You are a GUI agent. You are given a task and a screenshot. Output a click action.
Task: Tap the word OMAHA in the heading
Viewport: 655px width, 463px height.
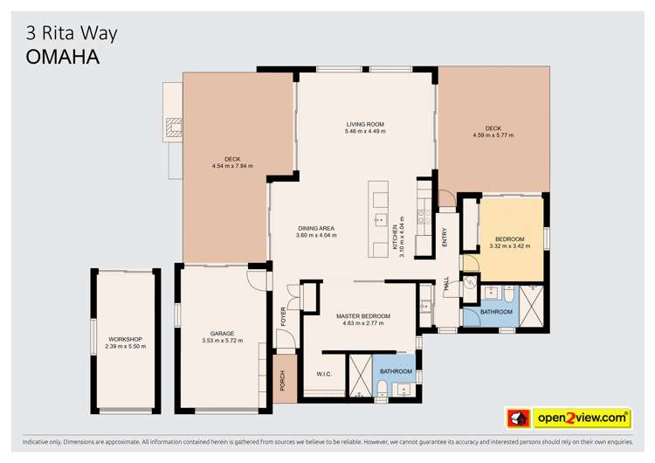[60, 57]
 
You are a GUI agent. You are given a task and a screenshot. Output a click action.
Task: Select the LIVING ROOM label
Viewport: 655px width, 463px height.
[364, 125]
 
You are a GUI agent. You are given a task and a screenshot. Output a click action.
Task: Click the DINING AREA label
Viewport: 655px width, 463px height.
[315, 229]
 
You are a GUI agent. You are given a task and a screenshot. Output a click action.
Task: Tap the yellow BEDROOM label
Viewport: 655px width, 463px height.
[510, 239]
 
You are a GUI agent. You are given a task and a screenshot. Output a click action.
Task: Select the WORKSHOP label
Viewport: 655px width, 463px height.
[125, 339]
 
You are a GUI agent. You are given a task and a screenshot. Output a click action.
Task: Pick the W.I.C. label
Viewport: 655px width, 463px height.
[324, 376]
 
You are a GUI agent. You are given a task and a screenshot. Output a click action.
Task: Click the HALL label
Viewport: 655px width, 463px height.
[446, 285]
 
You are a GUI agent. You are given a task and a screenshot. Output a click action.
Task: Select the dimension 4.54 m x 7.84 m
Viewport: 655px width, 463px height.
[232, 166]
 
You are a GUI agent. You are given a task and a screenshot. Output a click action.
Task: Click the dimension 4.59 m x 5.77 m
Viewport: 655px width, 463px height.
[493, 135]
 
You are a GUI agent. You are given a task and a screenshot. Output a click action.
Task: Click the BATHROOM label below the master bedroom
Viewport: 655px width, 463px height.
[396, 371]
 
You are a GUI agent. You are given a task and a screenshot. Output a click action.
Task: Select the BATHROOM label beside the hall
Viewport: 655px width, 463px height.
[496, 312]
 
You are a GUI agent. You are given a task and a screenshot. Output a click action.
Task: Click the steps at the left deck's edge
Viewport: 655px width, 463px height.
[174, 129]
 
